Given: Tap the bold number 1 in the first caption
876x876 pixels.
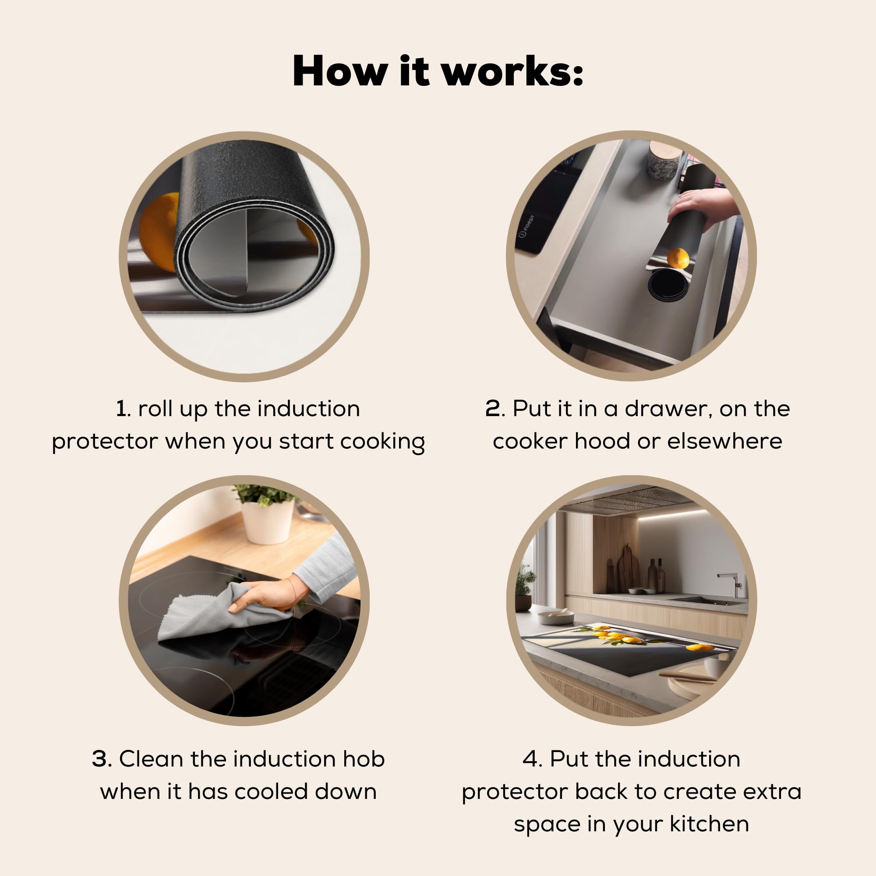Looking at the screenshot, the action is tap(121, 409).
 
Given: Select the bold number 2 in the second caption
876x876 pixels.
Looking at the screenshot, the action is tap(493, 409).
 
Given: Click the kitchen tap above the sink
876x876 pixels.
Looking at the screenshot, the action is tap(731, 585).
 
